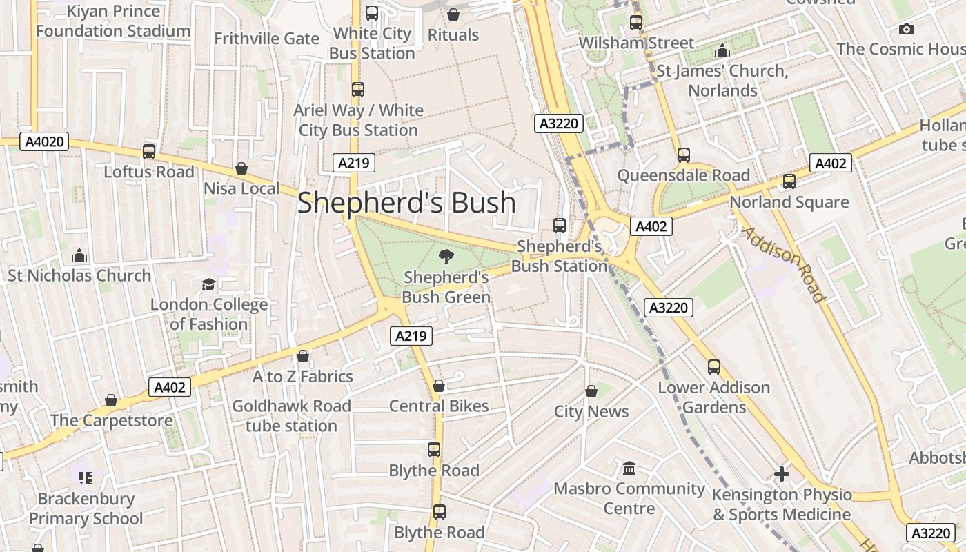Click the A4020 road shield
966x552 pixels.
(x=45, y=142)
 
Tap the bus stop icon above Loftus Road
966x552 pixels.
(x=149, y=152)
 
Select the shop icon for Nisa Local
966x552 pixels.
(x=241, y=168)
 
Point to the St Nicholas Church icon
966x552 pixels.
(x=79, y=256)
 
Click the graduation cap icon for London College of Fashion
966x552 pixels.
(x=208, y=284)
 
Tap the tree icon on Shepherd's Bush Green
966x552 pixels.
(x=446, y=257)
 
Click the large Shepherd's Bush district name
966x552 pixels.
(x=406, y=202)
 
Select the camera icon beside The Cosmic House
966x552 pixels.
(x=906, y=29)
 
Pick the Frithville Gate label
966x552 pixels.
(x=266, y=38)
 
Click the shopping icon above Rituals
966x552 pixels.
(x=453, y=14)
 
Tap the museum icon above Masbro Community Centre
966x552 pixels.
(x=629, y=469)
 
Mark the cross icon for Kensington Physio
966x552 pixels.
(x=781, y=474)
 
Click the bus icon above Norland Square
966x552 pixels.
(x=789, y=181)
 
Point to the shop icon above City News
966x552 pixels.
(x=591, y=391)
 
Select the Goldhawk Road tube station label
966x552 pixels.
(x=291, y=415)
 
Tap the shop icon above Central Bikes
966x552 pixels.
(x=439, y=386)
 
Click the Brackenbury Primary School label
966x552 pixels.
(x=86, y=509)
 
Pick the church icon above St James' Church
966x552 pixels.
(x=722, y=50)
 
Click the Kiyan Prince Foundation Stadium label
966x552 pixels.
(x=113, y=21)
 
